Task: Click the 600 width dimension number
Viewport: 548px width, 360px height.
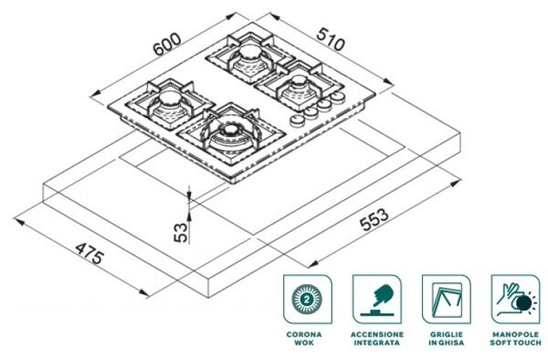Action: point(167,44)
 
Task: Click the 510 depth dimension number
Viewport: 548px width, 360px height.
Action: point(331,38)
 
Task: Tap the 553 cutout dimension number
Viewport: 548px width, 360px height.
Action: point(374,220)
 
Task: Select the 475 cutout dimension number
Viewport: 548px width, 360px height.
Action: point(90,253)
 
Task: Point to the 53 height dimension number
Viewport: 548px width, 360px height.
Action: point(181,232)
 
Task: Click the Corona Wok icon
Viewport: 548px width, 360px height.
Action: point(308,299)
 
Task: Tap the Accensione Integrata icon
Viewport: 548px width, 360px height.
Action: point(376,299)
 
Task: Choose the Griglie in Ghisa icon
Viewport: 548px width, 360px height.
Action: point(447,299)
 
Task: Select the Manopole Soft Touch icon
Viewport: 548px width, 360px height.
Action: point(515,299)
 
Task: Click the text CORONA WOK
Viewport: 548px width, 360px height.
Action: point(304,338)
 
